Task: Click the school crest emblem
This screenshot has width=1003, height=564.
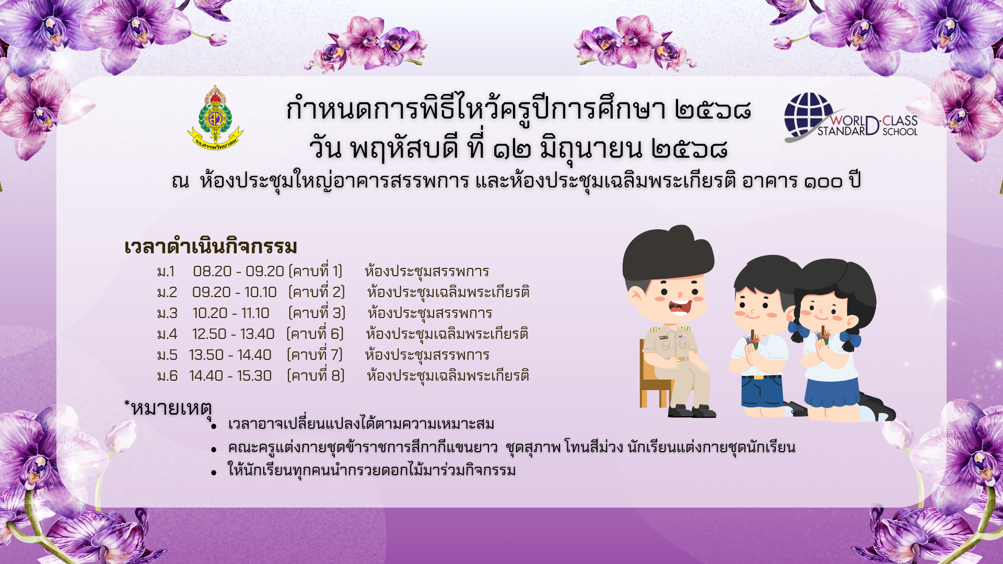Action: click(x=215, y=118)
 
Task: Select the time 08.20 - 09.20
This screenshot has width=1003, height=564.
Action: click(x=238, y=272)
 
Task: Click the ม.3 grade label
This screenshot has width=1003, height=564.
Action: click(x=167, y=313)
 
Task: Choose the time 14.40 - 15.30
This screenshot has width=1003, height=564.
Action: click(x=230, y=376)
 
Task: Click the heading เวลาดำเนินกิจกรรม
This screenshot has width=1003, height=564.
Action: click(x=211, y=246)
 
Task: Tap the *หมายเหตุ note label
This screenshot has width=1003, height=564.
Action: click(x=168, y=408)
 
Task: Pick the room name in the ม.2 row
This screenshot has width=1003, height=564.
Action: click(x=448, y=292)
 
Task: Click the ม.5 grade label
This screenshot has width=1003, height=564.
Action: click(x=167, y=355)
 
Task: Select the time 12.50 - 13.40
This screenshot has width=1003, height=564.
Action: click(x=233, y=334)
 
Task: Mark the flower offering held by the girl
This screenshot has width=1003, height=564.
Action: click(x=823, y=337)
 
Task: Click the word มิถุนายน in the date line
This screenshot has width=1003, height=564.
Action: click(x=591, y=149)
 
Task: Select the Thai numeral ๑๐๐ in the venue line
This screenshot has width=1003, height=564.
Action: click(x=823, y=182)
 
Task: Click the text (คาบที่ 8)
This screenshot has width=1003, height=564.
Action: click(x=316, y=375)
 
